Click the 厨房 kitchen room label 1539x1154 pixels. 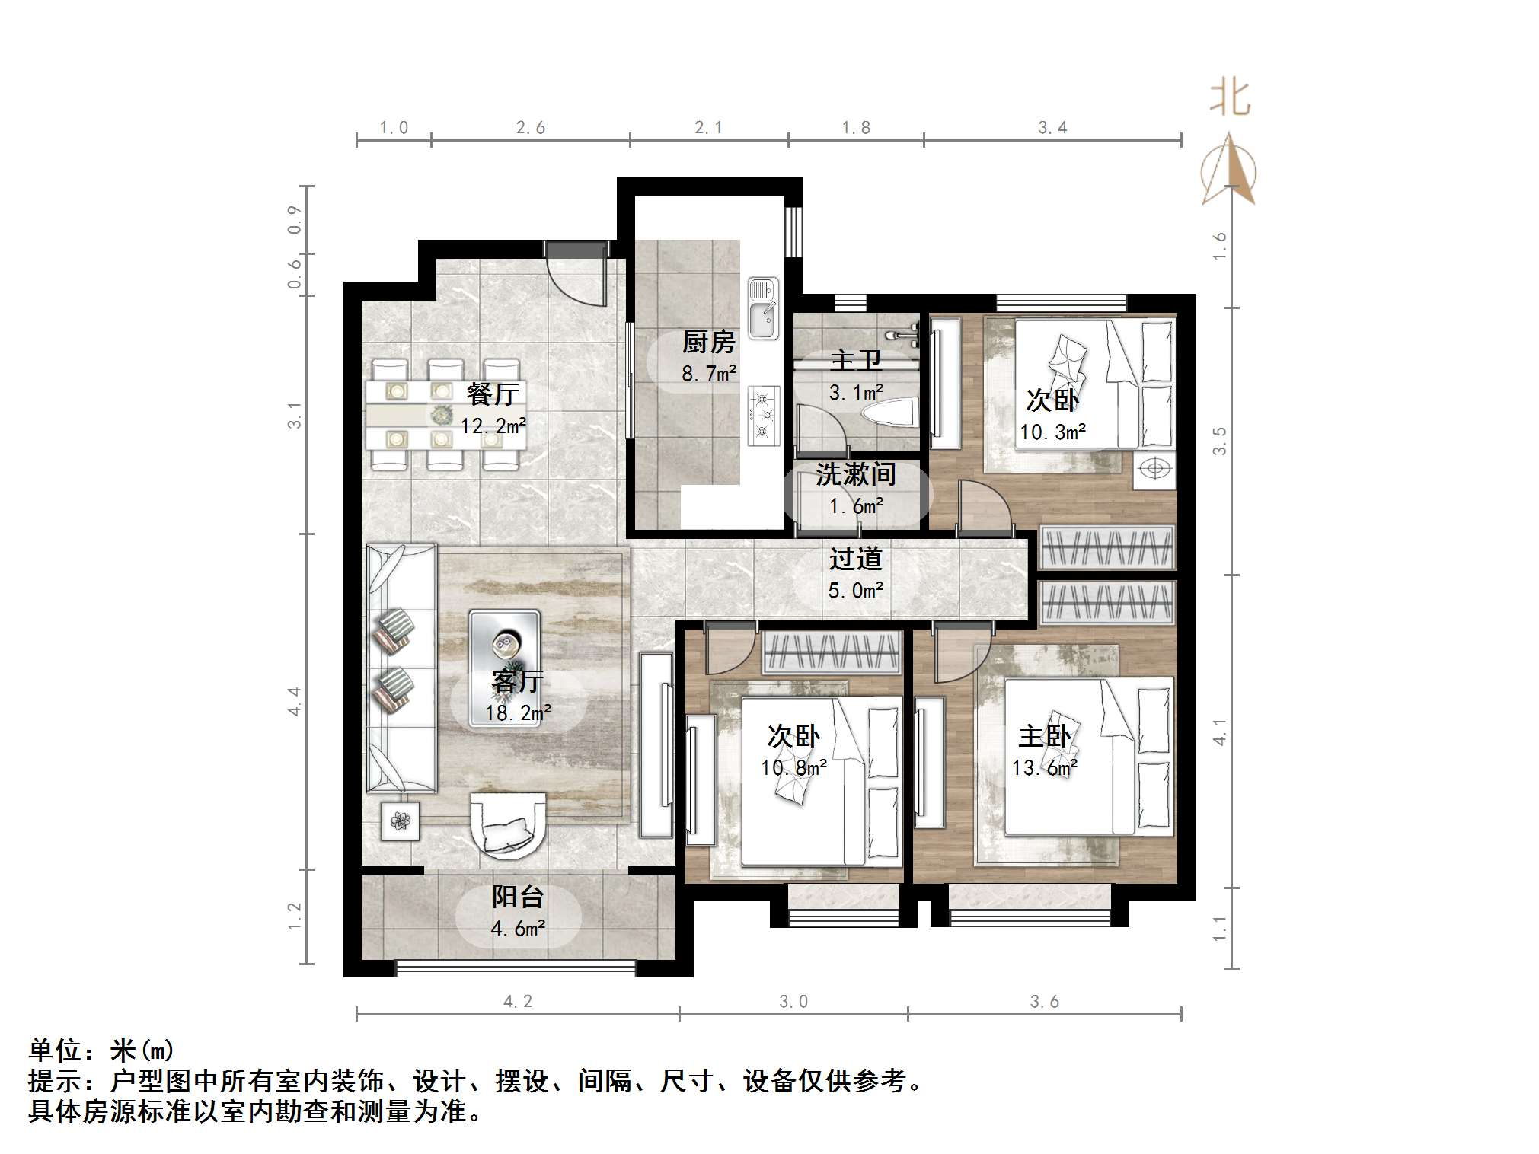708,343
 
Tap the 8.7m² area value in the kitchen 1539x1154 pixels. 708,374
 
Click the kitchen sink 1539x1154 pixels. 763,308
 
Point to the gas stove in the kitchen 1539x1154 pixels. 764,416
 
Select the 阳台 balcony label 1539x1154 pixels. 517,897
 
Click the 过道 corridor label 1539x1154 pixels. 855,559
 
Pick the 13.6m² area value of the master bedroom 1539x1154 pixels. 1044,768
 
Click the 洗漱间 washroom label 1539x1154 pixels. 855,475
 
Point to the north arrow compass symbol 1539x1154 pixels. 1228,171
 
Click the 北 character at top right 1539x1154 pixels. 1230,99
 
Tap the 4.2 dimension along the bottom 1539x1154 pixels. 518,1002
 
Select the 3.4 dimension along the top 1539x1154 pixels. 1052,128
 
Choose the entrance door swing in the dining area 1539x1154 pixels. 575,278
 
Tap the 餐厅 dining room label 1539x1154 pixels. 493,394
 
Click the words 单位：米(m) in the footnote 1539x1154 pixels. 102,1051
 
